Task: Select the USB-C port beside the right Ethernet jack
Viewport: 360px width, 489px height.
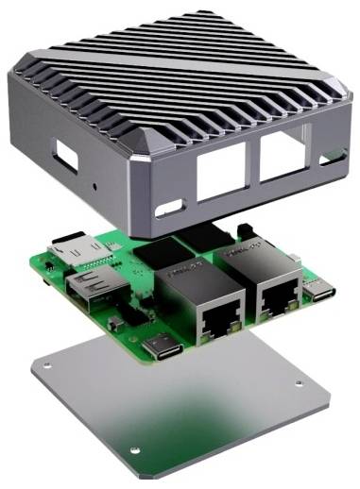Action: click(x=321, y=291)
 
